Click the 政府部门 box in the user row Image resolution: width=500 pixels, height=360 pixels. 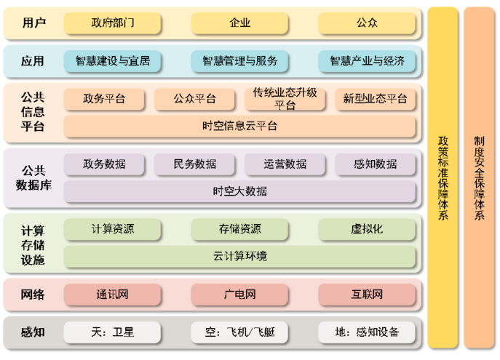pos(113,23)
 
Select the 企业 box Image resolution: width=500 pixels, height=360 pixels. pos(239,23)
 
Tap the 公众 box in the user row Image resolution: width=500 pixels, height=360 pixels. pos(367,23)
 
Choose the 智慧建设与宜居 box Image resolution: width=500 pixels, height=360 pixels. pos(113,61)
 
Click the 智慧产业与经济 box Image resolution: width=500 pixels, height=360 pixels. pos(367,61)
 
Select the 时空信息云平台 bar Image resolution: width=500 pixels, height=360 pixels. pos(239,126)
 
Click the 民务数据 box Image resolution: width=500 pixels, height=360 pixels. pos(195,164)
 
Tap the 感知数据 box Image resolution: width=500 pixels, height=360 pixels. pos(376,164)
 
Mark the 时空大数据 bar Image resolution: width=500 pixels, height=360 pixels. pos(239,191)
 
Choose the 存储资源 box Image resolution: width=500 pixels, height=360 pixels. pos(239,229)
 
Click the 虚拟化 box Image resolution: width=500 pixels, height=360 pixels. pos(367,229)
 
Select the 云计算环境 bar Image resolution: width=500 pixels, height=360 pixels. pos(239,256)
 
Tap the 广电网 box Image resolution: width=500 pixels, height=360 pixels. pos(239,295)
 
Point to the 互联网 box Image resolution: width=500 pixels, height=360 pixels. pos(367,295)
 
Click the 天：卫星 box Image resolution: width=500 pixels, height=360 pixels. pos(113,332)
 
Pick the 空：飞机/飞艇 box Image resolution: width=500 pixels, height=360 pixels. pos(239,332)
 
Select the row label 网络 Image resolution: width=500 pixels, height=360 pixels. pos(33,295)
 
